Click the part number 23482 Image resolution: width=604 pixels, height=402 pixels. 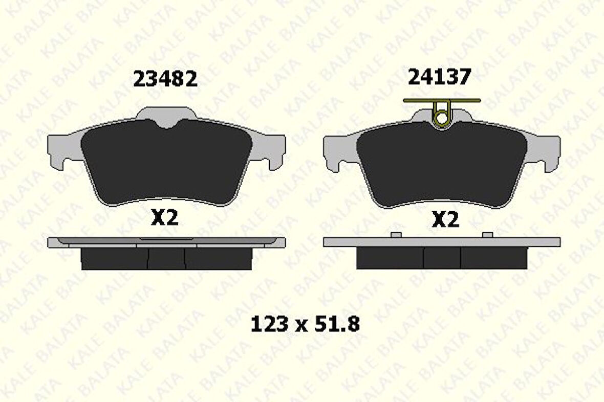click(x=165, y=79)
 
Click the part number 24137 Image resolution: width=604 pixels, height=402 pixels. click(x=439, y=77)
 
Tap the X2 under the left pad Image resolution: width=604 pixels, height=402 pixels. click(x=164, y=218)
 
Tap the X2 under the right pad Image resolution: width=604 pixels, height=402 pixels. click(x=445, y=220)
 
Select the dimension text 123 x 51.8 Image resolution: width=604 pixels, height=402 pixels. click(x=305, y=324)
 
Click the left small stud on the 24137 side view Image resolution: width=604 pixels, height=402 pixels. click(x=395, y=235)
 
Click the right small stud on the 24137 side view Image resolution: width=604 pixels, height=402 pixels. click(x=488, y=235)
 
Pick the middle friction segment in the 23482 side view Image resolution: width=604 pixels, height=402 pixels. click(x=166, y=259)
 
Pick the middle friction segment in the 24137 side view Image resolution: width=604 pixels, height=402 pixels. click(x=442, y=258)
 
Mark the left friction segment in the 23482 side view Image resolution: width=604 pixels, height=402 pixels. click(x=114, y=259)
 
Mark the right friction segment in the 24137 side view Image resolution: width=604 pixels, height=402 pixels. click(x=494, y=258)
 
